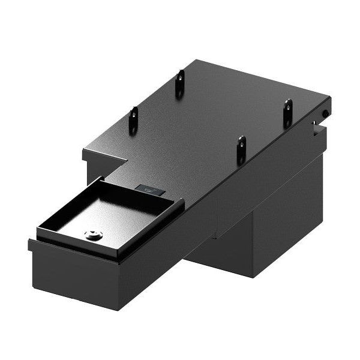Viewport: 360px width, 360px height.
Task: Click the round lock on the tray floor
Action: (x=93, y=236)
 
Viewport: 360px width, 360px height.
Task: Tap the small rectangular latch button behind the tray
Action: (x=151, y=190)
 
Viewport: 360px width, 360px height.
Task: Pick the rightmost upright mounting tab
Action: (x=287, y=113)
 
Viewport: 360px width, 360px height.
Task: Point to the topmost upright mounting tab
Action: (x=179, y=83)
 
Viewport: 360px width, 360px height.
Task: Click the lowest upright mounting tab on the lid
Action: (x=241, y=149)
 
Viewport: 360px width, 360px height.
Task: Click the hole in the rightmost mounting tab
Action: (x=287, y=109)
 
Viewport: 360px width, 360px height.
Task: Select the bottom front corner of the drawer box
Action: (x=119, y=308)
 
